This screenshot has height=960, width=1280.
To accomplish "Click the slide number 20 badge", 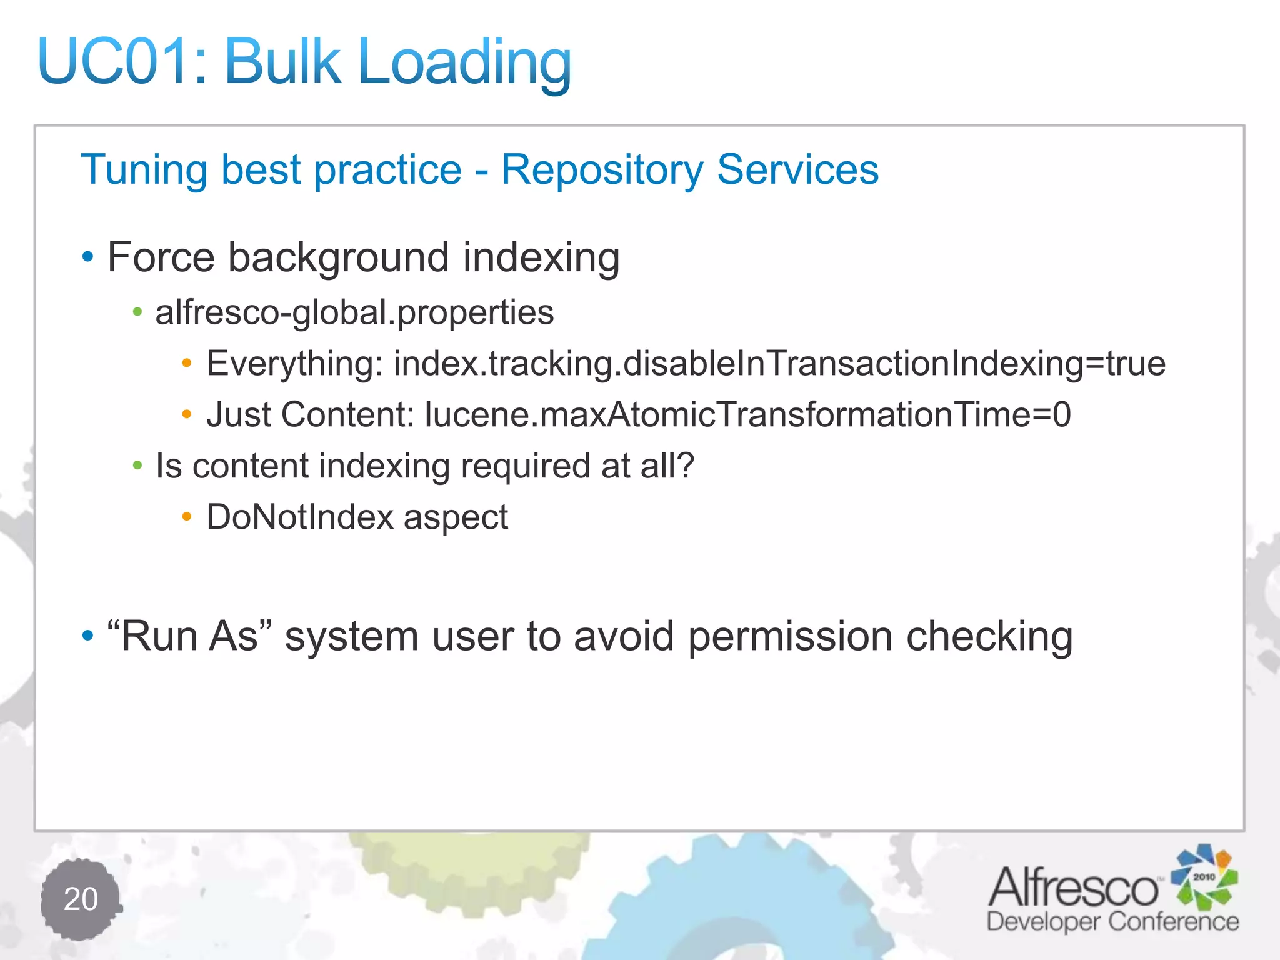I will click(x=81, y=899).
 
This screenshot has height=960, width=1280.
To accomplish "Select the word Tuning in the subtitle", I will click(x=144, y=171).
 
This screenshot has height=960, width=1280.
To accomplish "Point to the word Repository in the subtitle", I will click(x=602, y=171).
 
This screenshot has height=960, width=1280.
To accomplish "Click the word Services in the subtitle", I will click(x=797, y=169).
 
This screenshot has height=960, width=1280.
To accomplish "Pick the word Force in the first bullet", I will click(x=161, y=257).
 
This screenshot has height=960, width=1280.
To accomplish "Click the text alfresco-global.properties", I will click(x=354, y=312).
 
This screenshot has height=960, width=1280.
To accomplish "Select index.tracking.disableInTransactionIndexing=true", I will click(x=779, y=364).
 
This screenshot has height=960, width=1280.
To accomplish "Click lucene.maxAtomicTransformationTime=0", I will click(x=747, y=414).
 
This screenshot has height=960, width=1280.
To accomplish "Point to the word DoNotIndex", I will click(x=300, y=517).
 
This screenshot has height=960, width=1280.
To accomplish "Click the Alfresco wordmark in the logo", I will click(x=1073, y=887).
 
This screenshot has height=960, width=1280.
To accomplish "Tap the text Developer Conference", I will click(x=1112, y=922).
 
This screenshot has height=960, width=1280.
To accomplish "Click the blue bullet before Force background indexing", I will click(x=88, y=257).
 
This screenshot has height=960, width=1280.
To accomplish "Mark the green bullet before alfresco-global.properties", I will click(x=137, y=312).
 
